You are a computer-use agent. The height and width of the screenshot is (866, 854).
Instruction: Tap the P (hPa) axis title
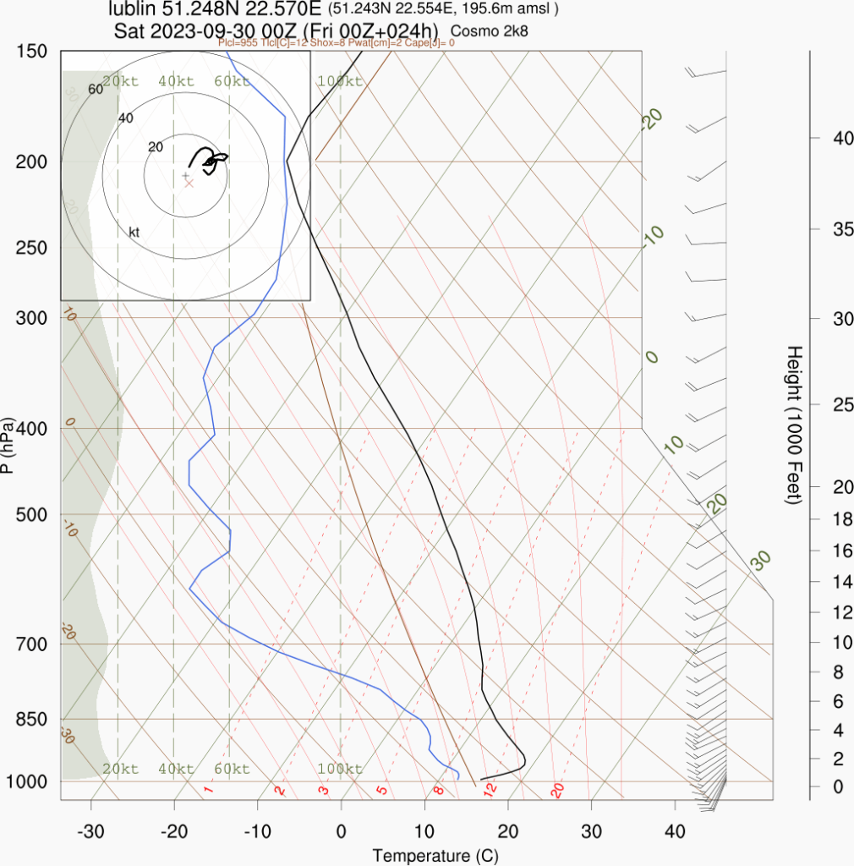pyautogui.click(x=8, y=445)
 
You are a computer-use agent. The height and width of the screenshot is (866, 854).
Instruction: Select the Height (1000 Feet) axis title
pyautogui.click(x=793, y=425)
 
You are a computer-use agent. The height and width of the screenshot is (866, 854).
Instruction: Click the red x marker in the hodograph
pyautogui.click(x=189, y=183)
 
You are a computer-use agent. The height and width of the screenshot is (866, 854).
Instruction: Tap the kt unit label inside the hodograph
pyautogui.click(x=134, y=232)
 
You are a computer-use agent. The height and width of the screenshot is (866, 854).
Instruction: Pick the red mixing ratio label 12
pyautogui.click(x=490, y=789)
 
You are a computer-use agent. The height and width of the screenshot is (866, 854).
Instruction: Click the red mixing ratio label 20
pyautogui.click(x=557, y=791)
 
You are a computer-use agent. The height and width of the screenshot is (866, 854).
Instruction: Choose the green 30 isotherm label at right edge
pyautogui.click(x=762, y=559)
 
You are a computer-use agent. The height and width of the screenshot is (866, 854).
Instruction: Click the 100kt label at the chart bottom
pyautogui.click(x=340, y=769)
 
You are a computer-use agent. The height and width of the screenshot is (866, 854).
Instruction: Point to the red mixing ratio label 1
pyautogui.click(x=208, y=790)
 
